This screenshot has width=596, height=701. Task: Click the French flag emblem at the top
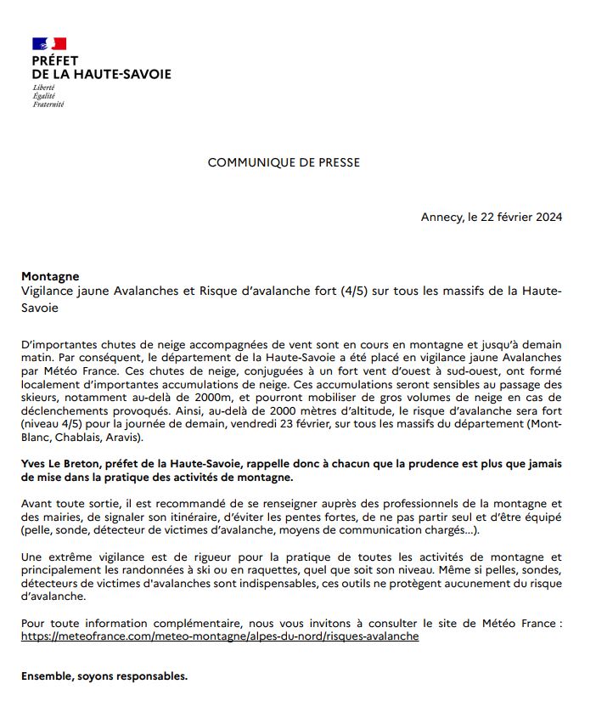pyautogui.click(x=48, y=43)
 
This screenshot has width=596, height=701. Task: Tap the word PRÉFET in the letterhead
pyautogui.click(x=54, y=61)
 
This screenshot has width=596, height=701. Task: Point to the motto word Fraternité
pyautogui.click(x=48, y=105)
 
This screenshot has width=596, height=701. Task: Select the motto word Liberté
pyautogui.click(x=44, y=88)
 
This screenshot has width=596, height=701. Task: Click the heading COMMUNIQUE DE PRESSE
pyautogui.click(x=284, y=163)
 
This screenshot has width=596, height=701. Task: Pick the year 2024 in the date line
pyautogui.click(x=548, y=217)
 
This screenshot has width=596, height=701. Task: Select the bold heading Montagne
pyautogui.click(x=50, y=276)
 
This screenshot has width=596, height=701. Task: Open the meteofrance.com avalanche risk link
pyautogui.click(x=220, y=636)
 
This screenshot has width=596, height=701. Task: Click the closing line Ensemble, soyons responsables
pyautogui.click(x=104, y=677)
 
